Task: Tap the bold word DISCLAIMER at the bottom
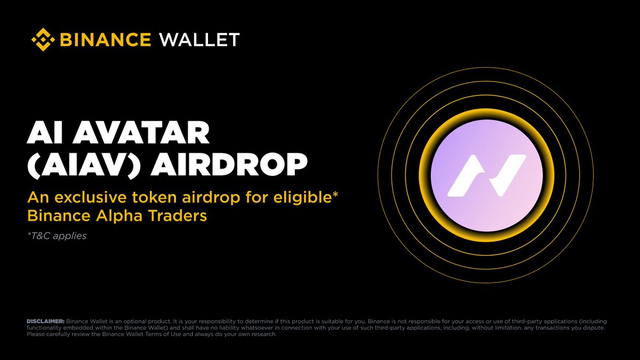tap(45, 322)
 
